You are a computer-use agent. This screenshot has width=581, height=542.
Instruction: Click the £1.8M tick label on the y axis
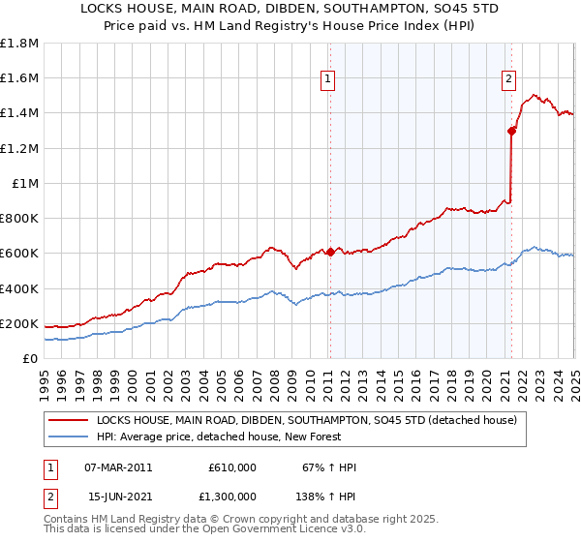[19, 44]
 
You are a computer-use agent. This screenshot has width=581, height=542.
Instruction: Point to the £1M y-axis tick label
[24, 183]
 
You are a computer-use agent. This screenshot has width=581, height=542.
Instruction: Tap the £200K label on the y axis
[19, 323]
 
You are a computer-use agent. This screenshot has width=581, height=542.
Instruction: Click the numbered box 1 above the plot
[328, 80]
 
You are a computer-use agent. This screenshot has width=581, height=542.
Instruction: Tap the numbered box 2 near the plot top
[509, 80]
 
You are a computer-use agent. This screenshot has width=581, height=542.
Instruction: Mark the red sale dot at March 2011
[329, 252]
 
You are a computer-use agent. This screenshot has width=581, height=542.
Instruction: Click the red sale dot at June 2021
[511, 131]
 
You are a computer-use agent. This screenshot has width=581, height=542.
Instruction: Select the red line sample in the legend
[68, 420]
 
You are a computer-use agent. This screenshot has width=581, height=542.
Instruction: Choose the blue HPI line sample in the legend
[68, 437]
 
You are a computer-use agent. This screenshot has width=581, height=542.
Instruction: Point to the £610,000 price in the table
[232, 467]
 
